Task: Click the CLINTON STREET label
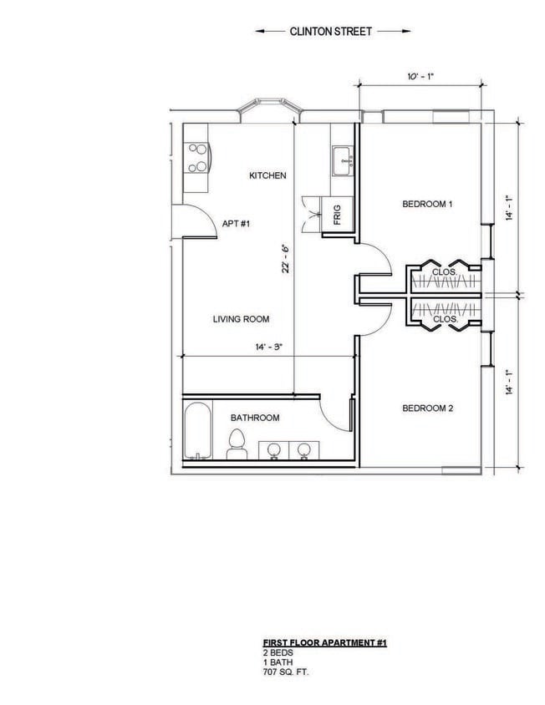pyautogui.click(x=332, y=31)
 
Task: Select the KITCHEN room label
pyautogui.click(x=268, y=175)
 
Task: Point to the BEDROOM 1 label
pyautogui.click(x=427, y=204)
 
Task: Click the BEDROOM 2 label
pyautogui.click(x=427, y=408)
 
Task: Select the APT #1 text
pyautogui.click(x=237, y=223)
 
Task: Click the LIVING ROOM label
pyautogui.click(x=241, y=319)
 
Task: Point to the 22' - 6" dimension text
pyautogui.click(x=285, y=260)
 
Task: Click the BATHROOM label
pyautogui.click(x=255, y=418)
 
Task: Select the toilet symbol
pyautogui.click(x=237, y=443)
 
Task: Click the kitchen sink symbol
pyautogui.click(x=341, y=159)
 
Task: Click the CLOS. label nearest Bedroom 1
pyautogui.click(x=444, y=272)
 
